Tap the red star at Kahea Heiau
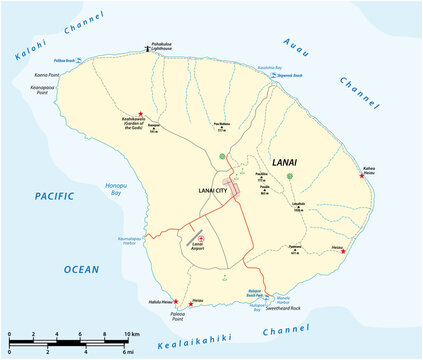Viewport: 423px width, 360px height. point(360,175)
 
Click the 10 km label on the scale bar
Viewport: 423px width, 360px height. point(132,333)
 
